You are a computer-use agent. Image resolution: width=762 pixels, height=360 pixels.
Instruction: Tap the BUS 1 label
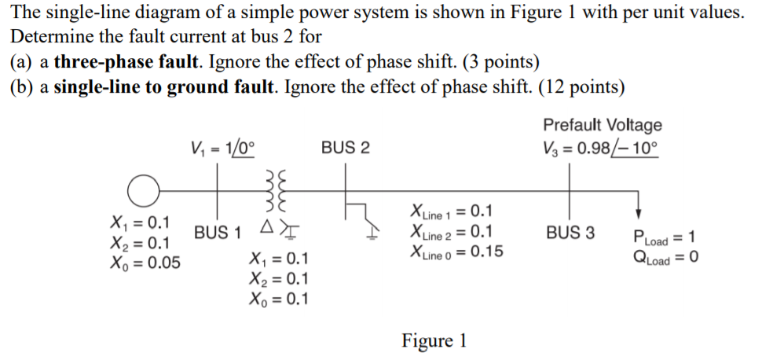point(218,233)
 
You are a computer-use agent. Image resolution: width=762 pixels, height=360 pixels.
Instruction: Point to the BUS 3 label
point(571,233)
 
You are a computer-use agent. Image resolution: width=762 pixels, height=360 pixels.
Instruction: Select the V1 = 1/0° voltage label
point(223,147)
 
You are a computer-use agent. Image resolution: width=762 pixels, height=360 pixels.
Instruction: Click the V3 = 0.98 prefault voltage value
point(601,147)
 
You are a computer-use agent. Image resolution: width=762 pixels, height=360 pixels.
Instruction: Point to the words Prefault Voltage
point(602,125)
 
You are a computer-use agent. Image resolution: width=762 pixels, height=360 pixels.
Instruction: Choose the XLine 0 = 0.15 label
point(456,252)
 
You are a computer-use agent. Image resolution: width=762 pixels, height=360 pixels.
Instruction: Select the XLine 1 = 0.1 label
point(452,211)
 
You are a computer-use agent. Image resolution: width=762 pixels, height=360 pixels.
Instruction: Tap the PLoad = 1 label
point(666,237)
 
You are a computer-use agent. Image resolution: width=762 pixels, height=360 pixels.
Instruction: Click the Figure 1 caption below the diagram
point(434,341)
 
